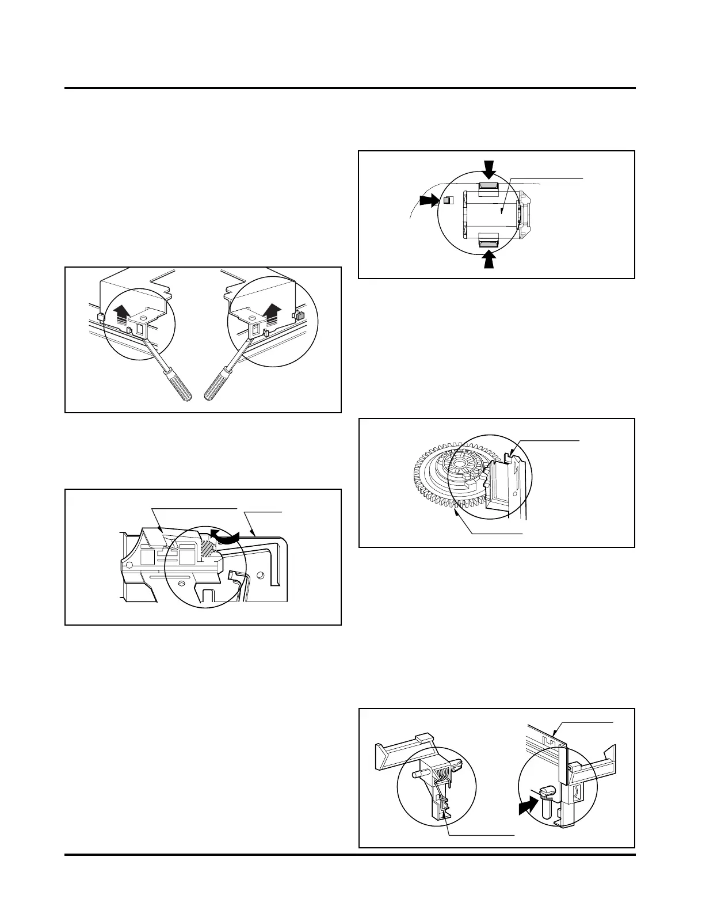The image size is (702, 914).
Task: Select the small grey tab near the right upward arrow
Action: (299, 315)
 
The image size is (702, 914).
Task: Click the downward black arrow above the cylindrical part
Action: (489, 169)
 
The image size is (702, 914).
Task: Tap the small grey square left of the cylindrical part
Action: (448, 200)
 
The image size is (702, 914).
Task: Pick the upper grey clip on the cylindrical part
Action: (488, 185)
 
